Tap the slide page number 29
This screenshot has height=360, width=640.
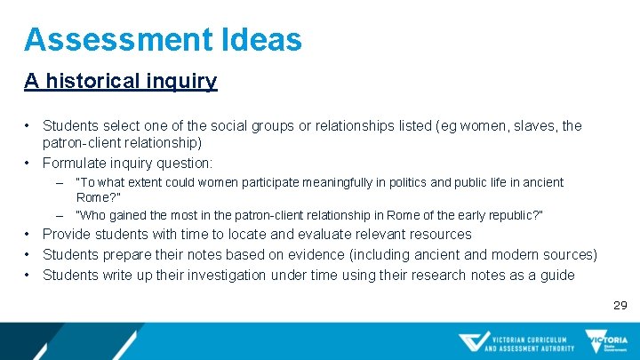point(620,305)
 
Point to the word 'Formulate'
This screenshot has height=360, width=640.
point(76,163)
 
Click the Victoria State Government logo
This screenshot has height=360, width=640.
point(606,341)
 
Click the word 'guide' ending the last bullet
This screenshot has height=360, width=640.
point(556,276)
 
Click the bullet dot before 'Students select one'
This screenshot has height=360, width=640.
point(28,126)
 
